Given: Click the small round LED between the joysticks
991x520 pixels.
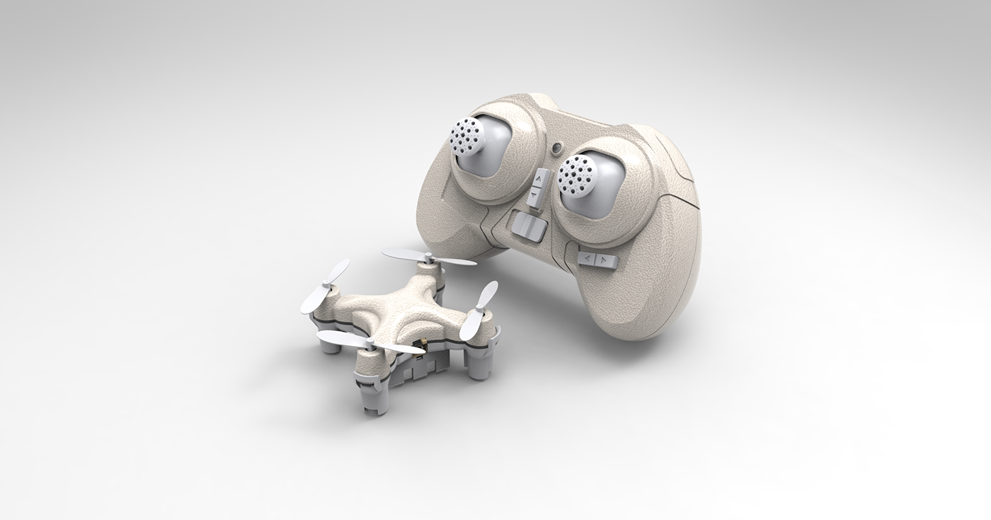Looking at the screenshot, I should [x=558, y=149].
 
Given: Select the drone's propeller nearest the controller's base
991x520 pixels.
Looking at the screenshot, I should [x=429, y=258].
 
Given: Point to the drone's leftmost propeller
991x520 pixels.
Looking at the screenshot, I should [x=325, y=286].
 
